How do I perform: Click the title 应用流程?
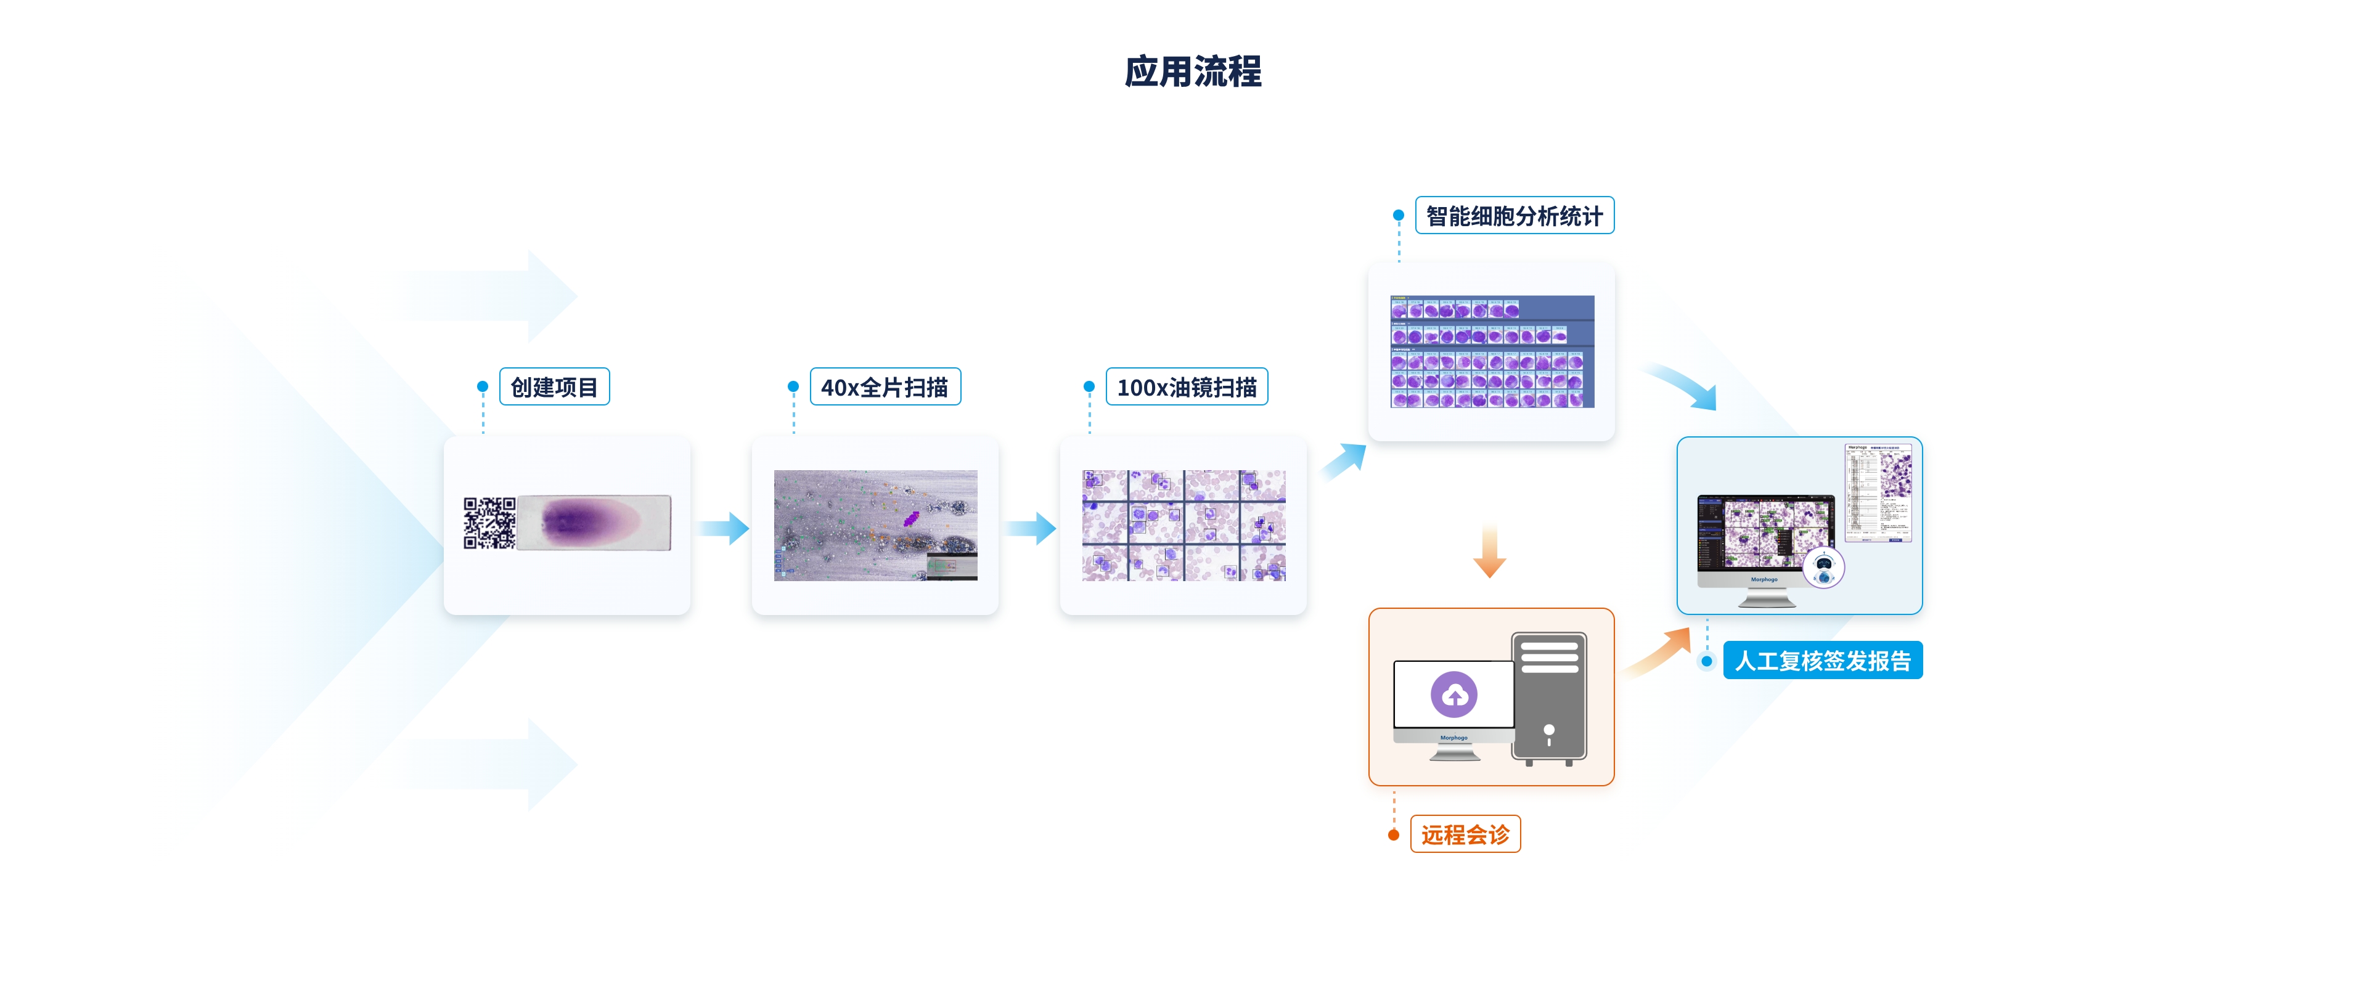pos(1193,71)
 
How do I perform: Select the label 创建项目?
pos(554,387)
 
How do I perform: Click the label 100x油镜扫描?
pos(1186,387)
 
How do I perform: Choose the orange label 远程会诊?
pos(1465,834)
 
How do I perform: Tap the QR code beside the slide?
pos(489,523)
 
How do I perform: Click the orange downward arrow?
pos(1489,552)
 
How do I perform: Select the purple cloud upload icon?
pos(1453,695)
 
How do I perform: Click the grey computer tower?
pos(1549,698)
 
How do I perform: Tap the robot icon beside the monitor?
pos(1824,567)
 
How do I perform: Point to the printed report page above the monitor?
pos(1878,492)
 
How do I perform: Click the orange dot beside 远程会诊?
pos(1394,834)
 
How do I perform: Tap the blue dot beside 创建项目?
pos(483,387)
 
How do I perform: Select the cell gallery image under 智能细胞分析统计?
pos(1491,351)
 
